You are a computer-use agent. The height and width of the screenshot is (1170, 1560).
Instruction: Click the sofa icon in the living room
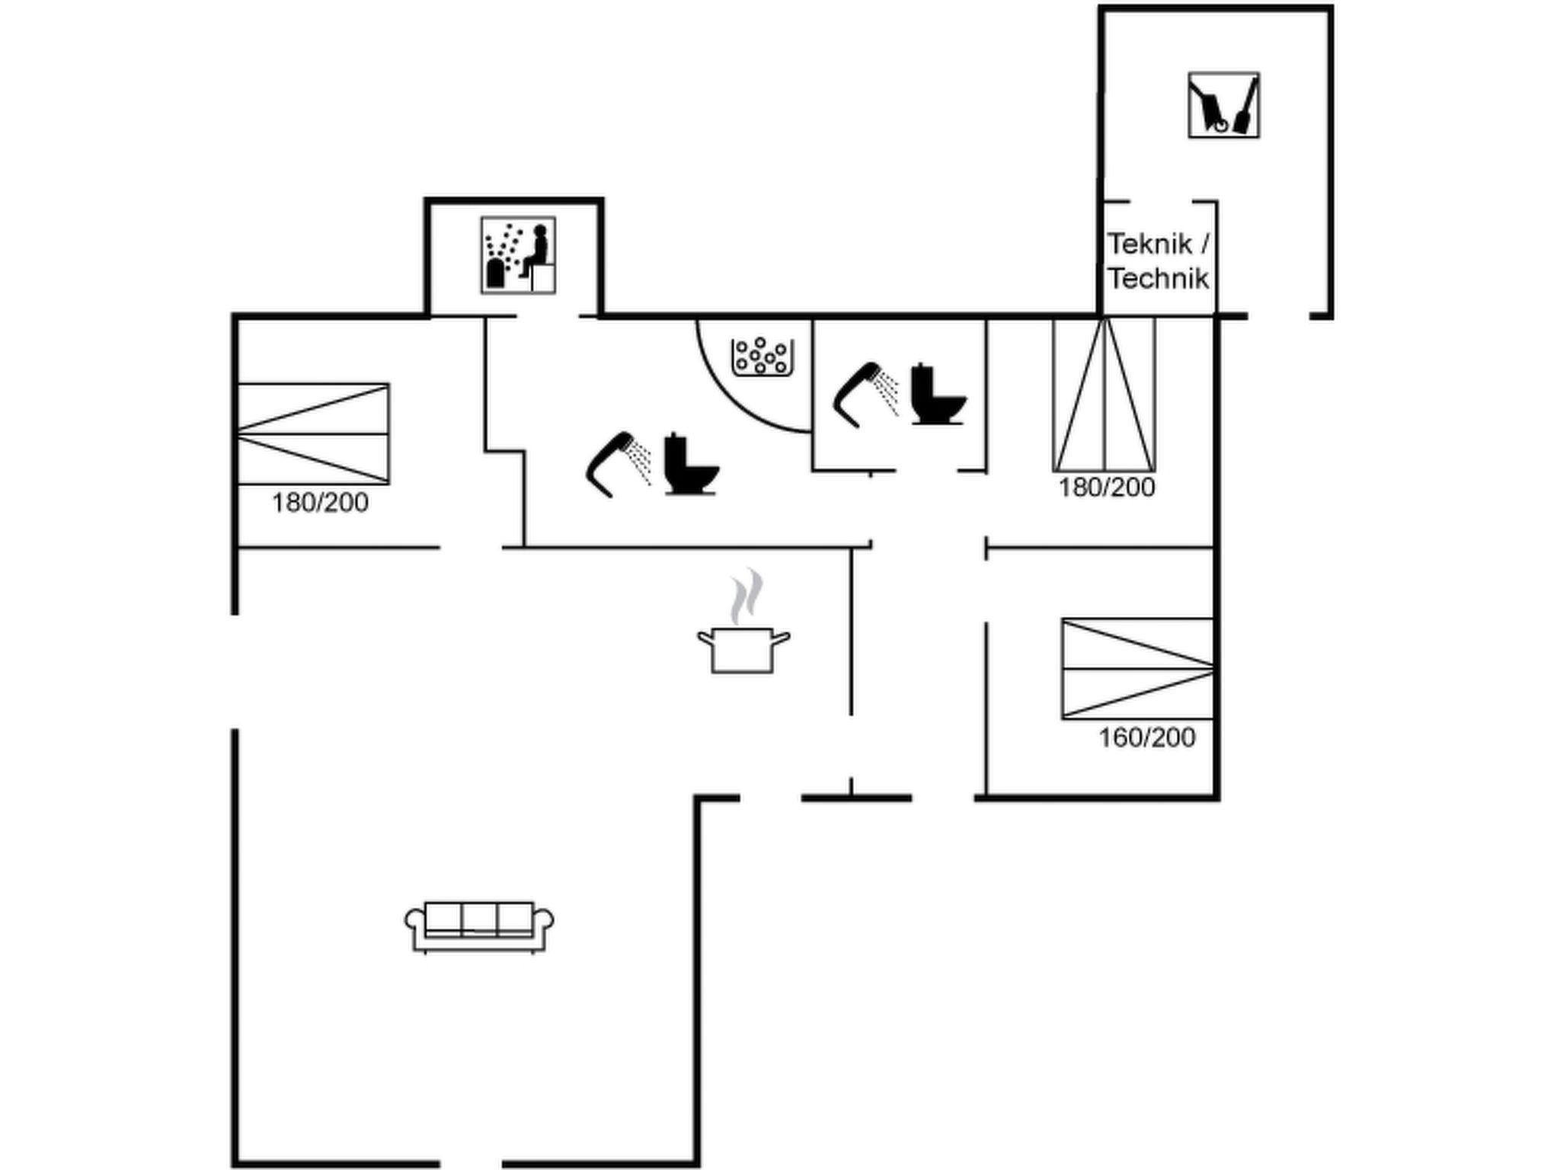pyautogui.click(x=479, y=927)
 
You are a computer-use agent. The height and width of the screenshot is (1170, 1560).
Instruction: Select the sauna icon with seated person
pyautogui.click(x=518, y=255)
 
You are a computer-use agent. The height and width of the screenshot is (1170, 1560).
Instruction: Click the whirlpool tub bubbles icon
pyautogui.click(x=760, y=356)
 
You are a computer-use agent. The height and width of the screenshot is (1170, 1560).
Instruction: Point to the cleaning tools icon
pyautogui.click(x=1223, y=105)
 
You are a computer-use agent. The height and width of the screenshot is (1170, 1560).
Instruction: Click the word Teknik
pyautogui.click(x=1150, y=245)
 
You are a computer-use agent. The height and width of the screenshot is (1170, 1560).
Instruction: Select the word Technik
pyautogui.click(x=1159, y=279)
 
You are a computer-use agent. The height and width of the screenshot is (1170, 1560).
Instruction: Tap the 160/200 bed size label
pyautogui.click(x=1147, y=737)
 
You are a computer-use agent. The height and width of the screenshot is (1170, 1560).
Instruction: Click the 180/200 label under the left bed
pyautogui.click(x=320, y=503)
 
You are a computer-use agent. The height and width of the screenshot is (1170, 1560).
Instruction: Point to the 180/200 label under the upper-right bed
pyautogui.click(x=1107, y=487)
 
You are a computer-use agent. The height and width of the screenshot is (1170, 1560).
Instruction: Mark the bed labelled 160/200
pyautogui.click(x=1137, y=669)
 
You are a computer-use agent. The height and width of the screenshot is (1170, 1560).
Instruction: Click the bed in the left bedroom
pyautogui.click(x=314, y=434)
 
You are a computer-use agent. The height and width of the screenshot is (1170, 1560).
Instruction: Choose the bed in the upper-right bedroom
pyautogui.click(x=1104, y=395)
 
